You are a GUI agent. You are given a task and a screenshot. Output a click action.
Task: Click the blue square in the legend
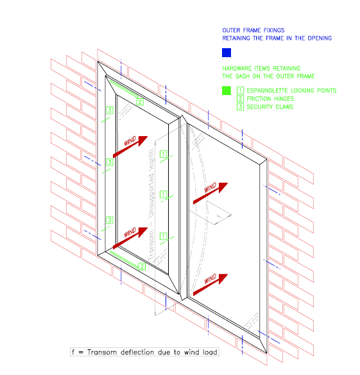226,53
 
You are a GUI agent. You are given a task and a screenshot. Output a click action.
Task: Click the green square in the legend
226,91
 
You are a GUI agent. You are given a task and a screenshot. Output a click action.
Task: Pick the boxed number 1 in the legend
241,91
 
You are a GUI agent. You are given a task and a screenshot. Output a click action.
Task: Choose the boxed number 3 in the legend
241,107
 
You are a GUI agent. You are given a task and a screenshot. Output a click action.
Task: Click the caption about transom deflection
144,352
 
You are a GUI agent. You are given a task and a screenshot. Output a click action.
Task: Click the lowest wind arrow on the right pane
216,279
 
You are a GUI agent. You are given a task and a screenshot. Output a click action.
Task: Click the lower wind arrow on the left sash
127,238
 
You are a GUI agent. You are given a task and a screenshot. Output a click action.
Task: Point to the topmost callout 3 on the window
109,110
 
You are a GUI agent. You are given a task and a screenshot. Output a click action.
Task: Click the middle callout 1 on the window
164,194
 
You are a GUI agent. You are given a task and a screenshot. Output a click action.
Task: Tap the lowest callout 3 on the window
109,220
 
